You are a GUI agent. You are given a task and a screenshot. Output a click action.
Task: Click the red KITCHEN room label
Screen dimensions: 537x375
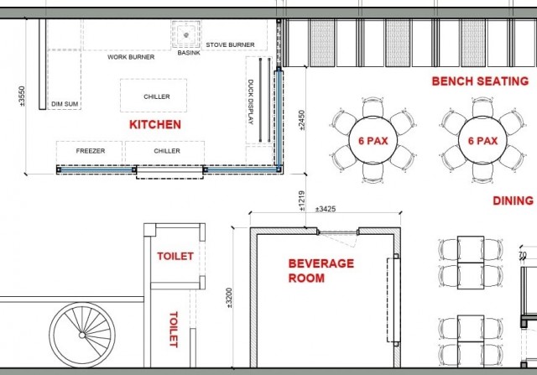pos(155,124)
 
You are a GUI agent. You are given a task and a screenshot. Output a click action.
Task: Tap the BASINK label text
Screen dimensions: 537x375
pos(189,53)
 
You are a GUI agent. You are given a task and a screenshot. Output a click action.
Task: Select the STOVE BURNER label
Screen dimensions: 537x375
pos(230,44)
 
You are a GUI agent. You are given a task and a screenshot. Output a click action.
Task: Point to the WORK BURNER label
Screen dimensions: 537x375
pos(131,57)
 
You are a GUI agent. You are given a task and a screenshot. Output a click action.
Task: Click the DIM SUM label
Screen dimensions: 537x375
pos(65,104)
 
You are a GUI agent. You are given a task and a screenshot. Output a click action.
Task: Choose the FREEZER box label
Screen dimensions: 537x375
pos(91,151)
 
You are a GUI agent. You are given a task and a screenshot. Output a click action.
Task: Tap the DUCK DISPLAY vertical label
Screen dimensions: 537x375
pos(250,102)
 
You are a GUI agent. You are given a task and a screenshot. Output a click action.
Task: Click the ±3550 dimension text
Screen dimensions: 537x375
pos(22,96)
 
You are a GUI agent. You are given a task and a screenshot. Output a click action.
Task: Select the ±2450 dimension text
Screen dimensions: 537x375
pos(301,120)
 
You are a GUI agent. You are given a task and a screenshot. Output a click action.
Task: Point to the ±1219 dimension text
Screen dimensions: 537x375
pos(301,201)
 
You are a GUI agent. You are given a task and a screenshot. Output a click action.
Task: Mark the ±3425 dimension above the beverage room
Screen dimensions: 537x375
pos(326,209)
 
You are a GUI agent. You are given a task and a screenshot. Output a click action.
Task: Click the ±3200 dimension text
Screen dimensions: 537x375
pos(229,298)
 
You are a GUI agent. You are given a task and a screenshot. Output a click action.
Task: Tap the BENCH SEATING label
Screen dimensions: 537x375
pos(480,81)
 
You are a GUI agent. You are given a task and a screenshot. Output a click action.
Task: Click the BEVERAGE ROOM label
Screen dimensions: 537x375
pos(321,270)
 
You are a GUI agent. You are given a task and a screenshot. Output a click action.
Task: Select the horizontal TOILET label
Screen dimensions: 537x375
pos(175,256)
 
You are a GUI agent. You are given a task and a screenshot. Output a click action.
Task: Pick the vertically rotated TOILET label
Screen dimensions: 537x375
pos(174,330)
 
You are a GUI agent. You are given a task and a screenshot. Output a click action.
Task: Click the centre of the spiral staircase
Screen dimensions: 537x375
pos(82,335)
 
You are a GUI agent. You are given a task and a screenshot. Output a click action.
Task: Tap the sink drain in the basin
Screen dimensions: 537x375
pos(186,35)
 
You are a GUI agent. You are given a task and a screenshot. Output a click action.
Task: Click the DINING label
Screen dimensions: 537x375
pos(513,201)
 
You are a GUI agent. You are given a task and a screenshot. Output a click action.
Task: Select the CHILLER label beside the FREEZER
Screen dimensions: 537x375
pos(167,151)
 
